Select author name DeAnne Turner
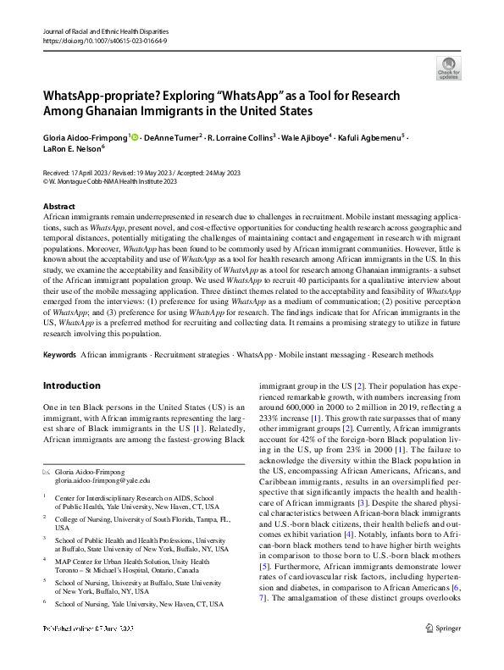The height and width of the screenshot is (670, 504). coord(173,137)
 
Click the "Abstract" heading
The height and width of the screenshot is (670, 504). coord(62,207)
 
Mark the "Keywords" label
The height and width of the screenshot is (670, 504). coord(59,354)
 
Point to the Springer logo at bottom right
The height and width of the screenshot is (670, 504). coord(443,651)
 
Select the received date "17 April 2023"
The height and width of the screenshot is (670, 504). coord(93,172)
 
